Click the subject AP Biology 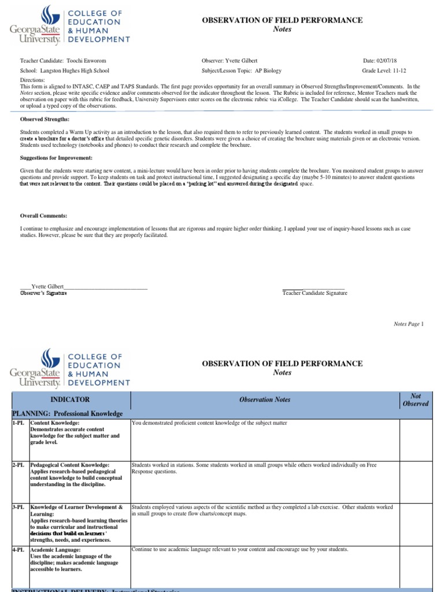pos(271,71)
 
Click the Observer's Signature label pos(43,293)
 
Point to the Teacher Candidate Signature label pos(314,293)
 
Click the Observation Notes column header pos(265,399)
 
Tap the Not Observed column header pos(416,399)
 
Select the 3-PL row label pos(20,507)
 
